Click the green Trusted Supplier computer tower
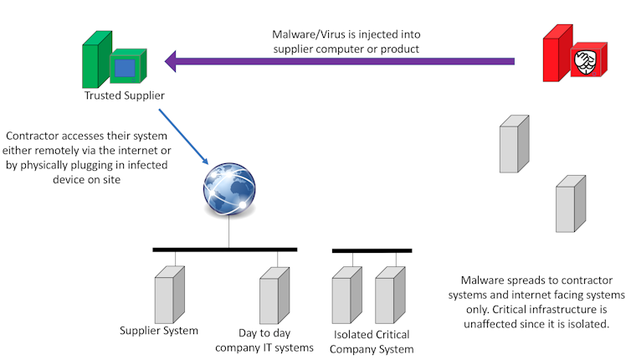coord(95,61)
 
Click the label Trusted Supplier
coord(124,95)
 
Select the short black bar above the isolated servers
coord(372,250)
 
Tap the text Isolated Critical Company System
coord(372,342)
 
